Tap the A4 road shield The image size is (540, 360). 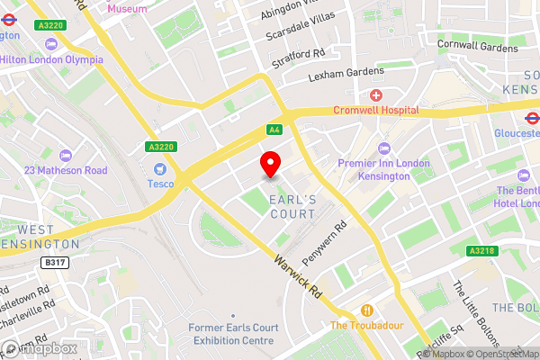click(274, 130)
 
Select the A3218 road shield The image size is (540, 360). click(481, 251)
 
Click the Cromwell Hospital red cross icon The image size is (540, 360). click(375, 95)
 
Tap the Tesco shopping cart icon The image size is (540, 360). click(161, 169)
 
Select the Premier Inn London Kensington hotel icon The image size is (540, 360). click(384, 148)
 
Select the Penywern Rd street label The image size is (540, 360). click(324, 244)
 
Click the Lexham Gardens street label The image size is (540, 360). click(346, 74)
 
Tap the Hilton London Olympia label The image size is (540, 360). click(51, 59)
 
